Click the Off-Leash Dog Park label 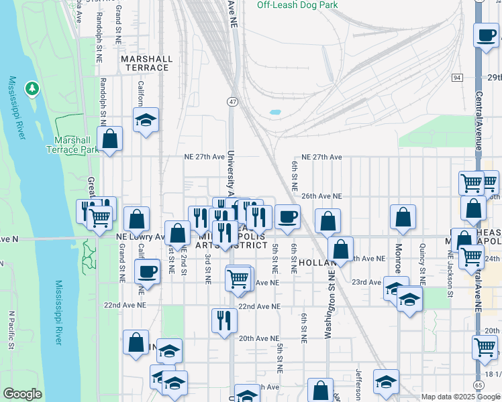click(297, 5)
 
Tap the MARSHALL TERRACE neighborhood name click(145, 63)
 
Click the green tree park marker click(32, 88)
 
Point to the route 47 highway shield click(232, 101)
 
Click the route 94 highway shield click(457, 78)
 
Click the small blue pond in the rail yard click(274, 113)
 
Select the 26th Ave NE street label click(321, 196)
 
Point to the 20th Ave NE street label click(255, 338)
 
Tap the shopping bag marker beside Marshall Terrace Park click(110, 139)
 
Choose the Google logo click(22, 394)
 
